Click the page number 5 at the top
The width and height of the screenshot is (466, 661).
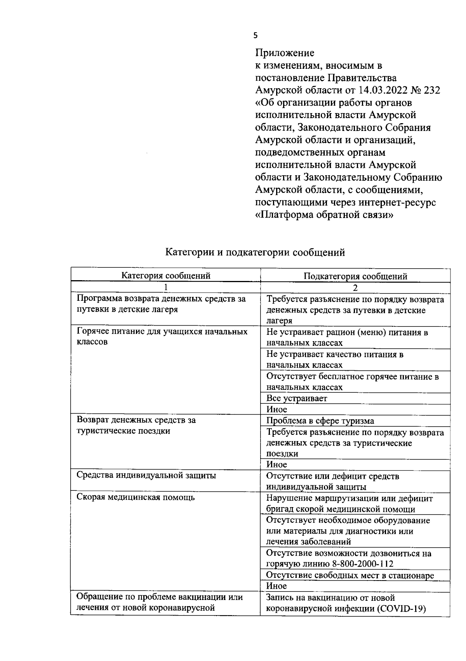[255, 36]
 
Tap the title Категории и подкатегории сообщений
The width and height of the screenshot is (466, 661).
[255, 253]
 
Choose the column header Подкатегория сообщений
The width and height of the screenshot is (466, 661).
[355, 276]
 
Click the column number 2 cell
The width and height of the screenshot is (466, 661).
[355, 288]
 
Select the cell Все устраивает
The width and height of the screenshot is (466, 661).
[297, 398]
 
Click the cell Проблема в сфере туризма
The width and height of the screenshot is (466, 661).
[320, 421]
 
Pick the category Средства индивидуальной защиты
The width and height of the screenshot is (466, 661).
[146, 475]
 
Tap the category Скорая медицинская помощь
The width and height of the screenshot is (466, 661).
[136, 497]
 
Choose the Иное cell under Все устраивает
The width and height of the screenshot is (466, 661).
[276, 409]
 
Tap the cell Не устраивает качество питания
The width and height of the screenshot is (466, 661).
[335, 354]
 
